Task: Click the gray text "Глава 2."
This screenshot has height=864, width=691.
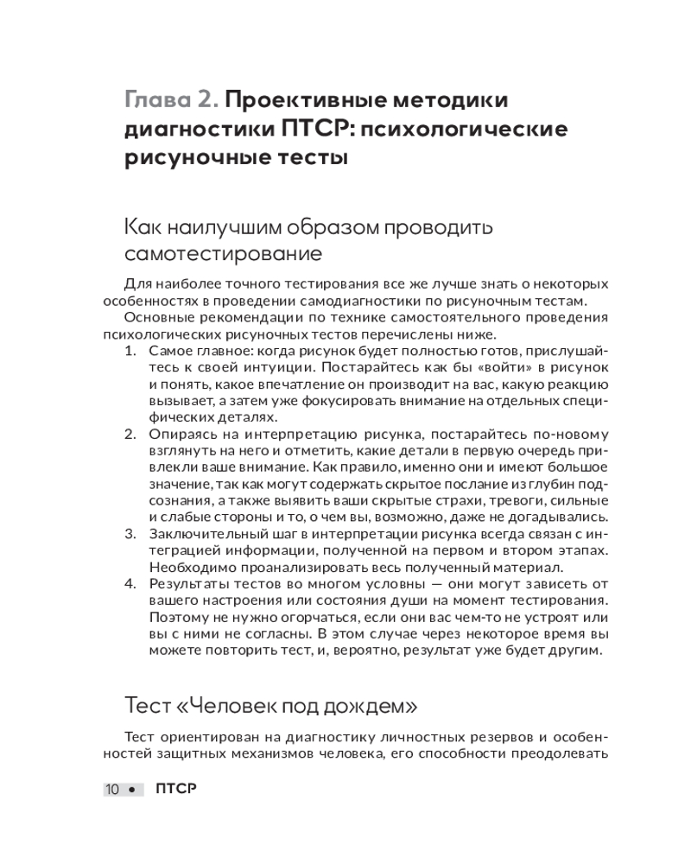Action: tap(170, 99)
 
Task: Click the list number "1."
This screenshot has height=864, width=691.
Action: tap(130, 352)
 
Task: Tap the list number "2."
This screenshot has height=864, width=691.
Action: tap(130, 434)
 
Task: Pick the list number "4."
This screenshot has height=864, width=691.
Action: tap(130, 584)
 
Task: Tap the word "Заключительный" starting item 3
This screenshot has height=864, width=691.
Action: tap(203, 534)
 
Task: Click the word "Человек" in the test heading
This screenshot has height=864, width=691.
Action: tap(234, 706)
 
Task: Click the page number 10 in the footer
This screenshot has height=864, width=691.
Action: tap(112, 790)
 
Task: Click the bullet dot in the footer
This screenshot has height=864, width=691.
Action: tap(131, 791)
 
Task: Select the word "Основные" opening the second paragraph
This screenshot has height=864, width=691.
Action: tap(153, 318)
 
